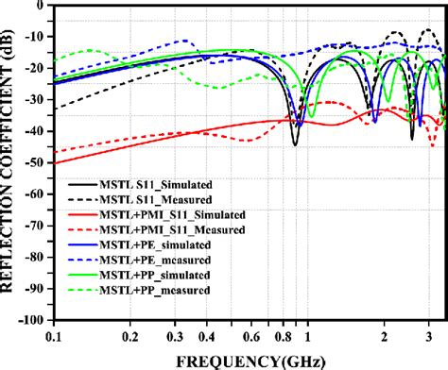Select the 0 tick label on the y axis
(43, 6)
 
